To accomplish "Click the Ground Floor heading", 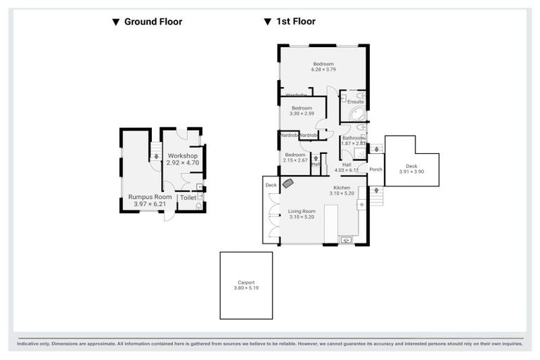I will click(153, 22).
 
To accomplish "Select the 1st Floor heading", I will click(295, 22).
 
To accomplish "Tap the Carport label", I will click(245, 282).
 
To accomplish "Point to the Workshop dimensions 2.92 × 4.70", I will click(183, 162).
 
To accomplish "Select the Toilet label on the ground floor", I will click(188, 198).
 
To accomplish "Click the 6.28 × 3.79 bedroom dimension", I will click(323, 70).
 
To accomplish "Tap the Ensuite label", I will click(355, 102).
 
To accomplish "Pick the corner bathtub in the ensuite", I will click(356, 115).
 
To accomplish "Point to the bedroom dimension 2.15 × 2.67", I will click(295, 160).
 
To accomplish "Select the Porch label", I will click(375, 169).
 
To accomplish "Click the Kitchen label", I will click(342, 188).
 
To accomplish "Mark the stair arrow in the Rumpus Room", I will click(156, 156).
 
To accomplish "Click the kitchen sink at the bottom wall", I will click(346, 240).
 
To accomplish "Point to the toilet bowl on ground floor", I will click(200, 205).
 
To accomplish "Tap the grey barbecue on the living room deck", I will click(288, 184).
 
